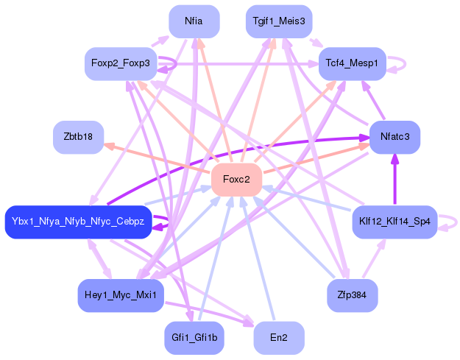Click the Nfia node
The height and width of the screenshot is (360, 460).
tap(194, 21)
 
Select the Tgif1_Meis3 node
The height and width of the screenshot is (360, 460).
tap(279, 21)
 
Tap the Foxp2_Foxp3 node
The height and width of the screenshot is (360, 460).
tap(120, 64)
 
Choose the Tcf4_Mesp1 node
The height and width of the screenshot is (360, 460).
tap(352, 64)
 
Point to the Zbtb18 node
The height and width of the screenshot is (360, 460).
tap(78, 137)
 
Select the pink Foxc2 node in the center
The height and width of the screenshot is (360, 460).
tap(236, 180)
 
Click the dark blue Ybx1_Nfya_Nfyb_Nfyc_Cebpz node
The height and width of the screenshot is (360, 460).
tap(78, 222)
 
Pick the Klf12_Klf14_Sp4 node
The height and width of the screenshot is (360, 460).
tap(394, 222)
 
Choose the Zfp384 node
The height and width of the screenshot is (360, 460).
tap(352, 295)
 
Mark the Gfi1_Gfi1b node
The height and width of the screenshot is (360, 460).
tap(194, 338)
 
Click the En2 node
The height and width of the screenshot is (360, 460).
tap(279, 338)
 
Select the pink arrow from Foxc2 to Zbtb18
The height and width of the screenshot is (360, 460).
tap(158, 158)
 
